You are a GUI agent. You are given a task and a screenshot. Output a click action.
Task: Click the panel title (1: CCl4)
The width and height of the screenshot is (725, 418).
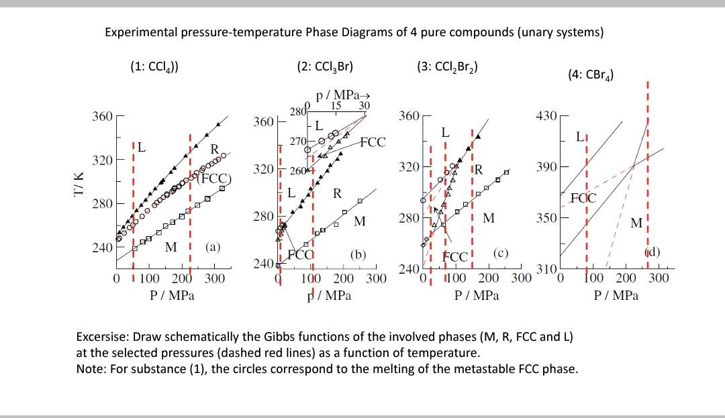click(x=154, y=66)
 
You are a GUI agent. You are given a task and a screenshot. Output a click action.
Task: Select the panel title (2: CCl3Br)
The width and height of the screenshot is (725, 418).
click(x=325, y=66)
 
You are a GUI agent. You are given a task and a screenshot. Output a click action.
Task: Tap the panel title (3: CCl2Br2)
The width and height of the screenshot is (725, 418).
click(x=447, y=66)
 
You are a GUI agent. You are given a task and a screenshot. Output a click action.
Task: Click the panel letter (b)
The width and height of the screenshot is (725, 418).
click(x=358, y=254)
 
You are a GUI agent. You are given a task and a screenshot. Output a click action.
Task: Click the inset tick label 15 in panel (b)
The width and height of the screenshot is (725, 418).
click(x=337, y=105)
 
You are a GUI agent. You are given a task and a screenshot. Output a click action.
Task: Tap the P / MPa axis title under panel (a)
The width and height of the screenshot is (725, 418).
click(x=171, y=295)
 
